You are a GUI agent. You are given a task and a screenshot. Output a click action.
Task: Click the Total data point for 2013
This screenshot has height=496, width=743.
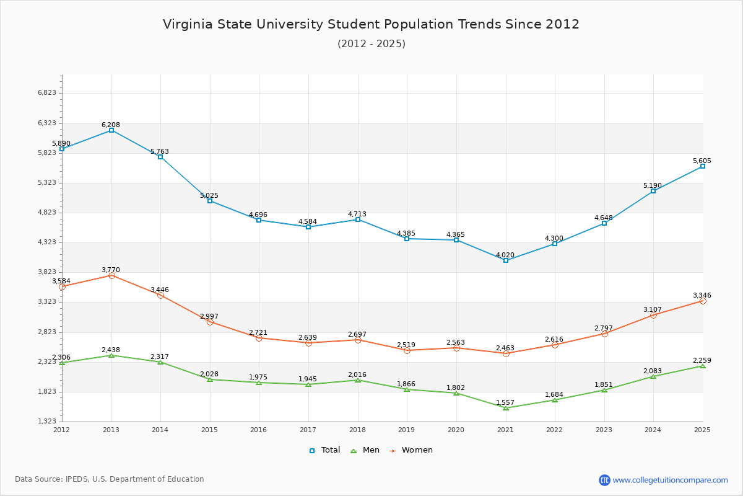click(111, 130)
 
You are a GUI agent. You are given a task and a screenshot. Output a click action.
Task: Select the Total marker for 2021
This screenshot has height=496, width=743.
click(506, 260)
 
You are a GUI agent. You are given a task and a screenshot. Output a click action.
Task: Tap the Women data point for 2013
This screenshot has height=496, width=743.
click(111, 275)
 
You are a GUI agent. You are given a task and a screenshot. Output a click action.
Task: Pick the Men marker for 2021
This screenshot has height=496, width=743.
click(506, 408)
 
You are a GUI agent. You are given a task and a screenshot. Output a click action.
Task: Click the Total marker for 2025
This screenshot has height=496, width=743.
click(703, 166)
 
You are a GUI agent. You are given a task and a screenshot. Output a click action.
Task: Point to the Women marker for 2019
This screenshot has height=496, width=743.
click(407, 350)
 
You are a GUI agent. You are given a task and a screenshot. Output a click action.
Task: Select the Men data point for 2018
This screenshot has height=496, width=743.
click(358, 380)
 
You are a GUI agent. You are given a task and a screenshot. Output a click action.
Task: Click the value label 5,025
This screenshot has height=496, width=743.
click(209, 195)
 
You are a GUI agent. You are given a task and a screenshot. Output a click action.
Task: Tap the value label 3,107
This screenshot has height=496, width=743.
click(653, 309)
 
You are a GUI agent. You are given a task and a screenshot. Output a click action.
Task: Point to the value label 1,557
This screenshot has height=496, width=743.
click(505, 402)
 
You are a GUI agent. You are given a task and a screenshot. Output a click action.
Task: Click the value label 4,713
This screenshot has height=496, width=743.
click(357, 214)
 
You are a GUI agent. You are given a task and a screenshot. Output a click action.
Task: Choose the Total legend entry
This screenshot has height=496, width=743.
click(324, 450)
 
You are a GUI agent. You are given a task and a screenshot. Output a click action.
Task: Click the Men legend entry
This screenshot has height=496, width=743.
click(365, 450)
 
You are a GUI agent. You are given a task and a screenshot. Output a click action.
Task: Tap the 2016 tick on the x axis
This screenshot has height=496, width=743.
click(259, 430)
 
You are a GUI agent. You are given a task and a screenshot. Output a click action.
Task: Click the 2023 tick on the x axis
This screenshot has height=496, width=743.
click(604, 430)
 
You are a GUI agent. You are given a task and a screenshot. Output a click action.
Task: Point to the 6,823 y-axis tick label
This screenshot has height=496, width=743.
click(47, 93)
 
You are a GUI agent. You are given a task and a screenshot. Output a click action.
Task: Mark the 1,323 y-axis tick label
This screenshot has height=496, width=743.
click(47, 422)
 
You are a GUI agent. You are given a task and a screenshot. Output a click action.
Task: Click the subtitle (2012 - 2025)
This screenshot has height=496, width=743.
click(371, 43)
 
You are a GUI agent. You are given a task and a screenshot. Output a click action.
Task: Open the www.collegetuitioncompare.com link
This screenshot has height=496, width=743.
click(670, 480)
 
